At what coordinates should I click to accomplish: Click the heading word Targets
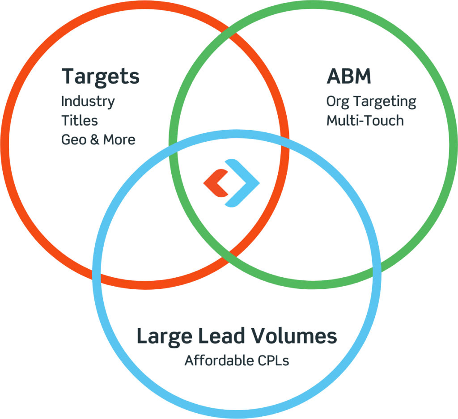pyautogui.click(x=101, y=77)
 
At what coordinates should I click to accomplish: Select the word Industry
pyautogui.click(x=88, y=102)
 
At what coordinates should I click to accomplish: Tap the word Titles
pyautogui.click(x=80, y=120)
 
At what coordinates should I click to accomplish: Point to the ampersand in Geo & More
pyautogui.click(x=95, y=140)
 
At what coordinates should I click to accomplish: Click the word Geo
pyautogui.click(x=74, y=140)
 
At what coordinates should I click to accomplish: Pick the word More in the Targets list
pyautogui.click(x=119, y=140)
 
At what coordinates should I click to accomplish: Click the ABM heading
pyautogui.click(x=349, y=76)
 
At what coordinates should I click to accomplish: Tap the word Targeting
pyautogui.click(x=385, y=102)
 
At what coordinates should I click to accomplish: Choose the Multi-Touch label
pyautogui.click(x=365, y=121)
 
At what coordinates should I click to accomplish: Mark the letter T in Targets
pyautogui.click(x=69, y=76)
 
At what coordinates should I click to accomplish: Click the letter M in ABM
pyautogui.click(x=362, y=76)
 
